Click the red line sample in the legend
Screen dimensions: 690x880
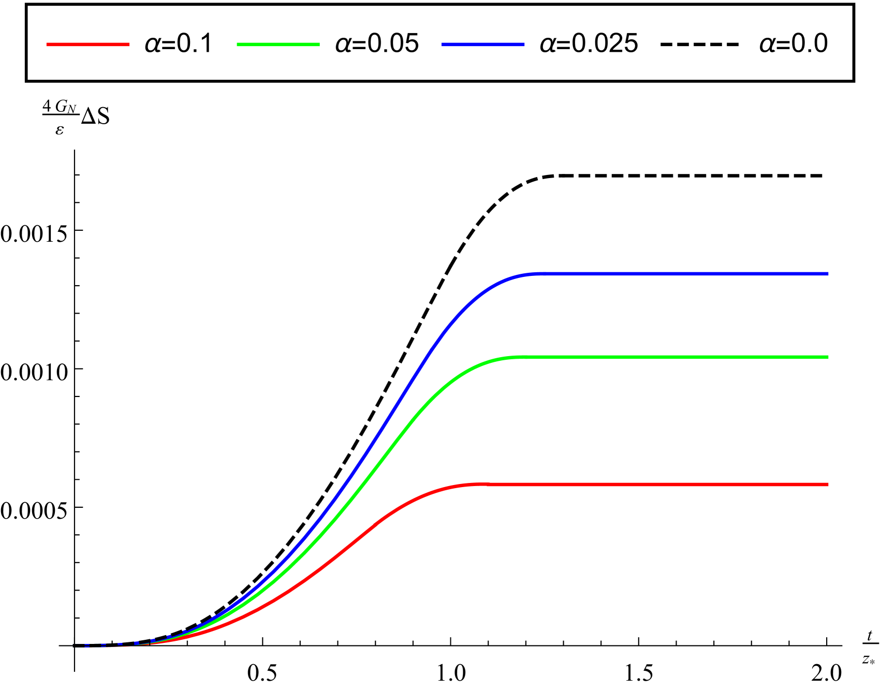click(88, 45)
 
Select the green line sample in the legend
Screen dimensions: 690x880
click(278, 45)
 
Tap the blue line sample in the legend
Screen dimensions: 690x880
click(482, 45)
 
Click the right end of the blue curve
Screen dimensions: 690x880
click(828, 274)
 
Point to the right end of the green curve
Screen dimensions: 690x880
click(828, 357)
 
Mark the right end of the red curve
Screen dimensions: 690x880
click(828, 485)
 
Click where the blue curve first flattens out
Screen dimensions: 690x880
click(533, 274)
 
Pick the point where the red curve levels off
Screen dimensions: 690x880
click(476, 485)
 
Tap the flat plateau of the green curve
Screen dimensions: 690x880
click(673, 357)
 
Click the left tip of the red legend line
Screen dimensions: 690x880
click(47, 45)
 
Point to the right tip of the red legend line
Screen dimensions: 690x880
click(129, 45)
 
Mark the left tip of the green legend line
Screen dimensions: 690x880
click(238, 45)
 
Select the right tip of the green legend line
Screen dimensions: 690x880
click(319, 45)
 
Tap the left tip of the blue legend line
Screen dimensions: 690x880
click(442, 45)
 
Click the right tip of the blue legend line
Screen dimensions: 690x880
click(524, 45)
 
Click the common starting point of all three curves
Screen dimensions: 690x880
click(74, 646)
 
